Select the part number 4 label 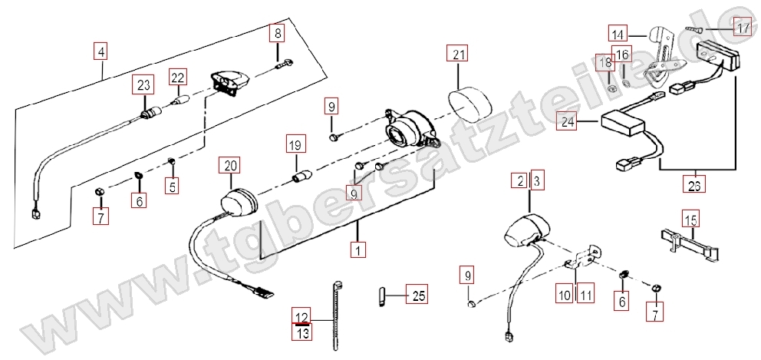(100, 51)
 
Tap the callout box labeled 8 (277, 34)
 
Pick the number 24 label (568, 121)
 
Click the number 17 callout (743, 28)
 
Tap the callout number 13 (302, 332)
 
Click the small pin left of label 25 (381, 296)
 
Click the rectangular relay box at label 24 (624, 124)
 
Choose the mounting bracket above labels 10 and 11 (585, 257)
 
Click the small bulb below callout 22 (178, 101)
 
